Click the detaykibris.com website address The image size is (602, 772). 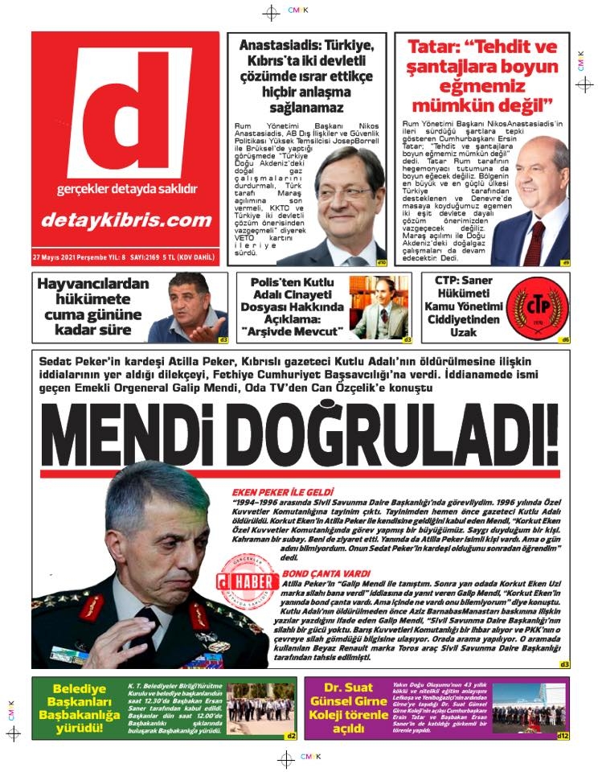tap(126, 220)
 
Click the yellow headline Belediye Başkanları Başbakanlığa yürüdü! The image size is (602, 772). tap(80, 708)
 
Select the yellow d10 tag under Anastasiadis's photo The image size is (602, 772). tap(382, 262)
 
